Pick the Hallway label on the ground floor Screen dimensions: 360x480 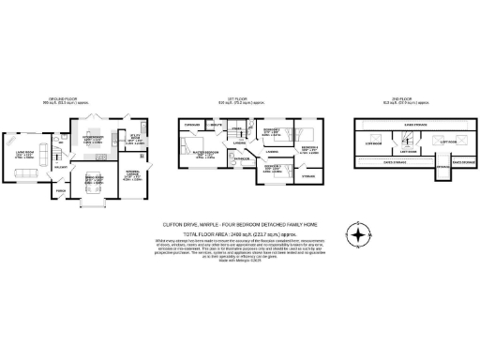click(x=61, y=167)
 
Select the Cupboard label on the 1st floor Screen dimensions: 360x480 click(x=194, y=125)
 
